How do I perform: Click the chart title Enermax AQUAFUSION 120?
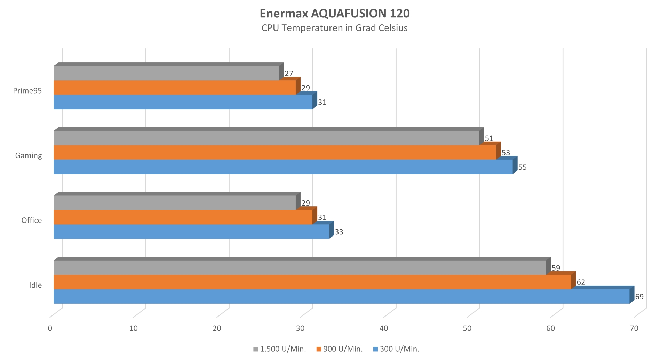(x=334, y=14)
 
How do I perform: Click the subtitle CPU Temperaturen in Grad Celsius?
(x=334, y=28)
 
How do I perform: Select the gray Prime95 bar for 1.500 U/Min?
(x=166, y=73)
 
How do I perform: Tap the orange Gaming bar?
(x=275, y=153)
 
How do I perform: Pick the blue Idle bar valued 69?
(x=342, y=297)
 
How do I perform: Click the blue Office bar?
(x=191, y=232)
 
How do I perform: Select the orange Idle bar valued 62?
(x=312, y=282)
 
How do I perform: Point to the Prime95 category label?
(x=27, y=91)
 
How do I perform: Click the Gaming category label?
(x=28, y=155)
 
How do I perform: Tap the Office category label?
(x=31, y=220)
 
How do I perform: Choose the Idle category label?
(x=35, y=285)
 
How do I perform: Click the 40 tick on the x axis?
(x=384, y=328)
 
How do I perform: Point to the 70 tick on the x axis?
(x=634, y=328)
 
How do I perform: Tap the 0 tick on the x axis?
(x=50, y=328)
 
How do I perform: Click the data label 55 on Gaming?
(x=522, y=167)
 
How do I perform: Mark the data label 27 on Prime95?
(x=289, y=74)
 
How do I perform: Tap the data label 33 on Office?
(x=339, y=232)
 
